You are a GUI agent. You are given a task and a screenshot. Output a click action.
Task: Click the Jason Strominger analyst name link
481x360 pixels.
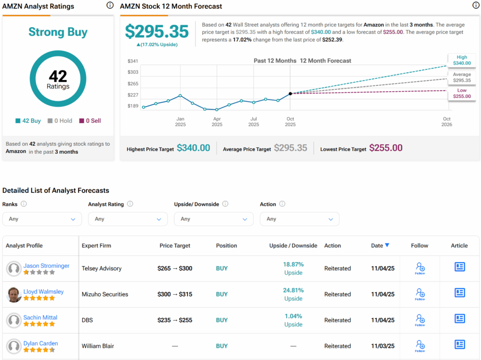pyautogui.click(x=46, y=266)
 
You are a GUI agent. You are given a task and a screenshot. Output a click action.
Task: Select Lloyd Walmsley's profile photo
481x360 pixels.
pyautogui.click(x=14, y=295)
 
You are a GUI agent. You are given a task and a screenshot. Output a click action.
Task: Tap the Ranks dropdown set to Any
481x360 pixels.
pyautogui.click(x=42, y=219)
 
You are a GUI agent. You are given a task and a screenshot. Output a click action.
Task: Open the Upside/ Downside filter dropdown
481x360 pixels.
pyautogui.click(x=213, y=219)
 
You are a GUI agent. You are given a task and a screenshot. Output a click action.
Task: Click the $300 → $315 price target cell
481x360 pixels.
pyautogui.click(x=175, y=294)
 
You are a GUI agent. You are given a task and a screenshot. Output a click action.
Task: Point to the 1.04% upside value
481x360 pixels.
pyautogui.click(x=293, y=316)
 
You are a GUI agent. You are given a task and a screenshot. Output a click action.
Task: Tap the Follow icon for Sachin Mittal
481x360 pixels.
pyautogui.click(x=419, y=320)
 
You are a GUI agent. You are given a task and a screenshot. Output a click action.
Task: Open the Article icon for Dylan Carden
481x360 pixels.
pyautogui.click(x=459, y=344)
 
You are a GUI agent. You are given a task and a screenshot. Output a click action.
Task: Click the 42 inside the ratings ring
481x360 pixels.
pyautogui.click(x=58, y=76)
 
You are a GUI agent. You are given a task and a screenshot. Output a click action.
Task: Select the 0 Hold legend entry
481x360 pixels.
pyautogui.click(x=60, y=121)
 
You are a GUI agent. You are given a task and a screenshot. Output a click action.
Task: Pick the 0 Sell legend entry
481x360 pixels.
pyautogui.click(x=90, y=121)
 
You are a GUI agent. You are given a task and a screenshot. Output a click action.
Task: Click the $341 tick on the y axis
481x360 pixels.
pyautogui.click(x=133, y=61)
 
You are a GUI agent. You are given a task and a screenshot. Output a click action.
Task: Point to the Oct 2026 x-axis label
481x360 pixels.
pyautogui.click(x=446, y=122)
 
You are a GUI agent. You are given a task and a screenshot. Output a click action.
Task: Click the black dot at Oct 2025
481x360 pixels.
pyautogui.click(x=290, y=94)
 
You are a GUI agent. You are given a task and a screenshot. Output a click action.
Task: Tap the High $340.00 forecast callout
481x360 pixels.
pyautogui.click(x=462, y=60)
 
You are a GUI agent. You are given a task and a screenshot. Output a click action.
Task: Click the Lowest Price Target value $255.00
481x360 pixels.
pyautogui.click(x=386, y=148)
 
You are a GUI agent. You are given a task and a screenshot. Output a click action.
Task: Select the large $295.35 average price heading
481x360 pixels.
pyautogui.click(x=156, y=31)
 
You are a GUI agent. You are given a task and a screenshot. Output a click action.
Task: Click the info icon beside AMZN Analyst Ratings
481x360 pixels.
pyautogui.click(x=110, y=5)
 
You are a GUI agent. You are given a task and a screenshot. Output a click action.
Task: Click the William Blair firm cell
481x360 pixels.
pyautogui.click(x=98, y=346)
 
